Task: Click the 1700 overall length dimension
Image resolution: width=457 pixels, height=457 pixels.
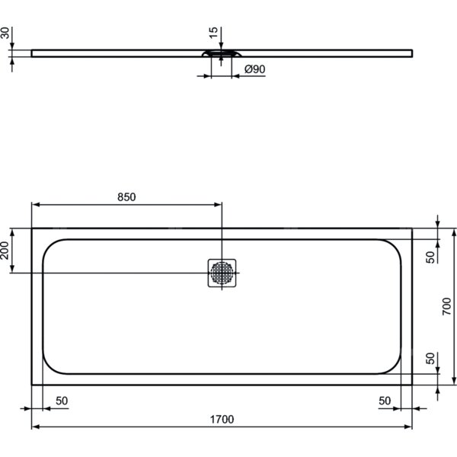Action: point(222,419)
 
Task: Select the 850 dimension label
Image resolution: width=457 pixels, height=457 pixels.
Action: point(126,197)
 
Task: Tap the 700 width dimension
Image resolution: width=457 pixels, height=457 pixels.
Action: point(446,306)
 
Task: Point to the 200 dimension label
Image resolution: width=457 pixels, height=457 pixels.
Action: point(5,251)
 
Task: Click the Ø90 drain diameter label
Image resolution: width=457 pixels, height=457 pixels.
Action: point(254,69)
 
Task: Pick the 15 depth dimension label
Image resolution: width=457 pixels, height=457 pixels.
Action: point(213,32)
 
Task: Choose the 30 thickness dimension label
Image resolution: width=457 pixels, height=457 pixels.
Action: point(5,33)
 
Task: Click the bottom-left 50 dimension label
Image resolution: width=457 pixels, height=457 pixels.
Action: point(62,401)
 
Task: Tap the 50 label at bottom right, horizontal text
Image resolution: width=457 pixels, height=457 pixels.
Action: point(385,401)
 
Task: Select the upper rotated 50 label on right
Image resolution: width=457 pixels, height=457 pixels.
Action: point(430,257)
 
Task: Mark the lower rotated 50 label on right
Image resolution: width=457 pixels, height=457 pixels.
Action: point(430,358)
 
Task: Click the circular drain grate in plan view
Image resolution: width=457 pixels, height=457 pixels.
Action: point(222,273)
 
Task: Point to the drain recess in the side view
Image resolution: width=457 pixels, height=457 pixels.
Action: point(222,53)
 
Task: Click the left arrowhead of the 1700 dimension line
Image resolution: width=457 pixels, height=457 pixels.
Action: point(35,427)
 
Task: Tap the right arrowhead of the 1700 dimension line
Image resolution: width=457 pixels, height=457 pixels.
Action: point(408,427)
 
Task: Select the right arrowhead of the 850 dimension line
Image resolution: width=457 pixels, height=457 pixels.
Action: point(218,205)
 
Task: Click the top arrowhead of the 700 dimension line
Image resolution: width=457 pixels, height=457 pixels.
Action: point(454,232)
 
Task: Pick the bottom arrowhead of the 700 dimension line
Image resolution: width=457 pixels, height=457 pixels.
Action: point(454,381)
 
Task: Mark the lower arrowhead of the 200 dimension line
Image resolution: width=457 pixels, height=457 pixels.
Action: point(12,269)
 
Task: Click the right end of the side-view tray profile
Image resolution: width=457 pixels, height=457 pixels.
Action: point(412,53)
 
